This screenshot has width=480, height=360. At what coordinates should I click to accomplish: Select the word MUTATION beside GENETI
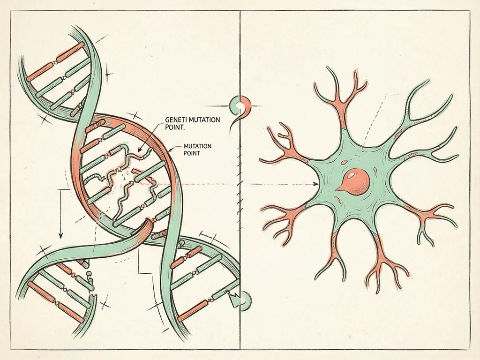click(204, 120)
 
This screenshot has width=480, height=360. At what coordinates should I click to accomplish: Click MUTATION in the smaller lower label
click(197, 146)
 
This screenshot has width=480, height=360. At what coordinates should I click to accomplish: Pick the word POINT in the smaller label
click(192, 153)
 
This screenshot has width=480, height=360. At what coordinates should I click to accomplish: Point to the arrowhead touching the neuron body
click(316, 184)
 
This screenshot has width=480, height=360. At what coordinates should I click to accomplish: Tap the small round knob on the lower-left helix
click(89, 273)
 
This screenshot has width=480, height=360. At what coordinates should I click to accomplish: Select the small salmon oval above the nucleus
click(345, 163)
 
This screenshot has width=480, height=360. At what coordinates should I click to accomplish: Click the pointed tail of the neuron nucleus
click(336, 190)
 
